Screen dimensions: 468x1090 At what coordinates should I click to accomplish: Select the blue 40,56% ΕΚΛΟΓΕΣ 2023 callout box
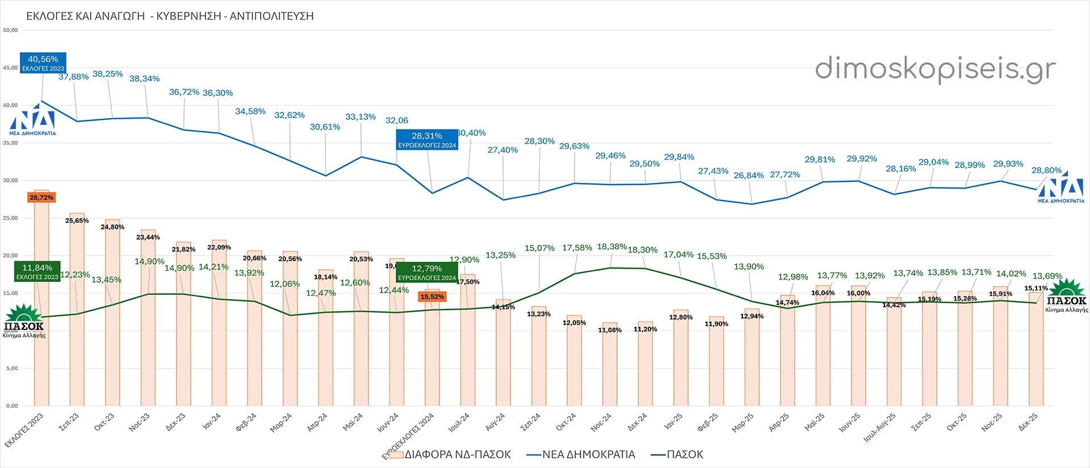43,62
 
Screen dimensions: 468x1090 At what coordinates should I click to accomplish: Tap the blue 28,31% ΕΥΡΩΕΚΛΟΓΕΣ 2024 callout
427,140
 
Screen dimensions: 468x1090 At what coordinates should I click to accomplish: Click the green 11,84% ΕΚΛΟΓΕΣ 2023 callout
37,271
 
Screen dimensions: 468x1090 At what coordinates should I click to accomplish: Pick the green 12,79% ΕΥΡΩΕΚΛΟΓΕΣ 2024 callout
427,272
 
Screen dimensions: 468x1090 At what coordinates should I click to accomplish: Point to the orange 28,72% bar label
41,198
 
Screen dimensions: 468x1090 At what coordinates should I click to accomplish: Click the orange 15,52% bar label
432,296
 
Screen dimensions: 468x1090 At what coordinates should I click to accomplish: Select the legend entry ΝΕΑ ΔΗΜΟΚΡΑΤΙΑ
588,454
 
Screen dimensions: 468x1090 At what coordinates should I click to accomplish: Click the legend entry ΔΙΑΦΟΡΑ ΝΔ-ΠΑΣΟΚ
457,454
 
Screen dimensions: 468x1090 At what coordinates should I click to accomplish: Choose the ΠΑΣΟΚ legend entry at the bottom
685,454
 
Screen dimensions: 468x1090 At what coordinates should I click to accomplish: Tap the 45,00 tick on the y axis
10,68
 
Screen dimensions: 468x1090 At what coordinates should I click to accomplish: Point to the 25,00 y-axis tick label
10,218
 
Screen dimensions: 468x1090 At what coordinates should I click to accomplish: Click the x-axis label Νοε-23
139,422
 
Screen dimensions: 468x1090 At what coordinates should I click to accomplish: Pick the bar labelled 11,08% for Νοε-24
610,366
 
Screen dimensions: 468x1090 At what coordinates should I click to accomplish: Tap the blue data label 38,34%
144,78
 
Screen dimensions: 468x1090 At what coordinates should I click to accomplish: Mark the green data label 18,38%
611,246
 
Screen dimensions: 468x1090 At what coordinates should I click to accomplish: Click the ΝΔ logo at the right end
1061,187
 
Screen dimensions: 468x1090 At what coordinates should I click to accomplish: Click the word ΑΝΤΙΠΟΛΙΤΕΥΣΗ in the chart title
272,16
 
